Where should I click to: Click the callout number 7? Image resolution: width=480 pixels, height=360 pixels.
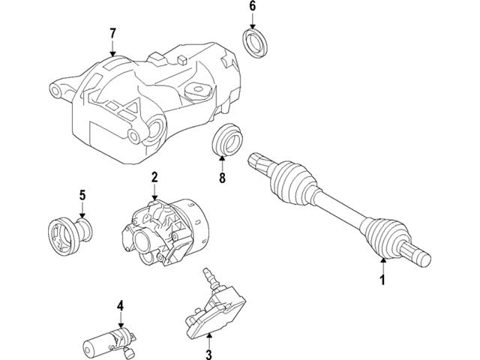pyautogui.click(x=112, y=33)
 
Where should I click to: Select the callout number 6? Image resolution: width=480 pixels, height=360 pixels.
pyautogui.click(x=252, y=7)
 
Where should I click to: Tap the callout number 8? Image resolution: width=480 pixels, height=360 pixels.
pyautogui.click(x=221, y=179)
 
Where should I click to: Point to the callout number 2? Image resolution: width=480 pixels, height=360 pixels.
pyautogui.click(x=154, y=178)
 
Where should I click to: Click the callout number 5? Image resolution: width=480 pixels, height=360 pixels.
pyautogui.click(x=82, y=196)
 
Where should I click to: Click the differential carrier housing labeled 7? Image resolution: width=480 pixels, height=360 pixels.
pyautogui.click(x=142, y=97)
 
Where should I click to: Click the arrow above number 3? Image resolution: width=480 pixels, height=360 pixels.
pyautogui.click(x=209, y=334)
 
